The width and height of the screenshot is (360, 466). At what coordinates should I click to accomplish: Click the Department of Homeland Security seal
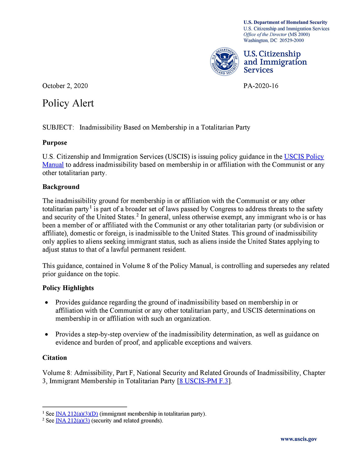point(224,62)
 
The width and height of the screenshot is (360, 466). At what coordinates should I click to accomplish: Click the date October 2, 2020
point(65,86)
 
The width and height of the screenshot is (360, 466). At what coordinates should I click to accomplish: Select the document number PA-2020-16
point(261,86)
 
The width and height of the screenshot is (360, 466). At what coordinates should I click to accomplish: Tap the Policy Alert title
point(68,103)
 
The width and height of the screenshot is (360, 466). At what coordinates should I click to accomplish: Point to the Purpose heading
point(55,143)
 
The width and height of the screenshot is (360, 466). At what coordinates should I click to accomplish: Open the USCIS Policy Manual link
point(304,157)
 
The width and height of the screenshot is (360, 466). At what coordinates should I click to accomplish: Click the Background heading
point(61,187)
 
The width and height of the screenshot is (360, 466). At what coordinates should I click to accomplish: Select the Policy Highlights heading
point(68,288)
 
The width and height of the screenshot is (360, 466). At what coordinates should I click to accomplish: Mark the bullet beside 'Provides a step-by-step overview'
point(47,335)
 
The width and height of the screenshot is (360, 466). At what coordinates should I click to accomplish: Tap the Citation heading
point(55,358)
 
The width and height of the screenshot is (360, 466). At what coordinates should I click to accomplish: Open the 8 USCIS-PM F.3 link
point(203,381)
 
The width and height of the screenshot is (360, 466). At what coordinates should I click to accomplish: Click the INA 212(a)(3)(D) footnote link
point(77,414)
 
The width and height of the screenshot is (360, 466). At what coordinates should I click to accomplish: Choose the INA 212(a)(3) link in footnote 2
point(73,421)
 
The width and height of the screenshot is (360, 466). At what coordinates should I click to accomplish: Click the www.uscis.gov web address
point(298,439)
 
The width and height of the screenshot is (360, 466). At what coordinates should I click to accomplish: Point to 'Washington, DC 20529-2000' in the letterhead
point(274,40)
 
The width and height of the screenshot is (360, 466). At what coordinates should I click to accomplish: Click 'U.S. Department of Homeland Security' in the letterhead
point(285,22)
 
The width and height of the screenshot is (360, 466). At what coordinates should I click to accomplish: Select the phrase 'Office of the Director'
point(265,34)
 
